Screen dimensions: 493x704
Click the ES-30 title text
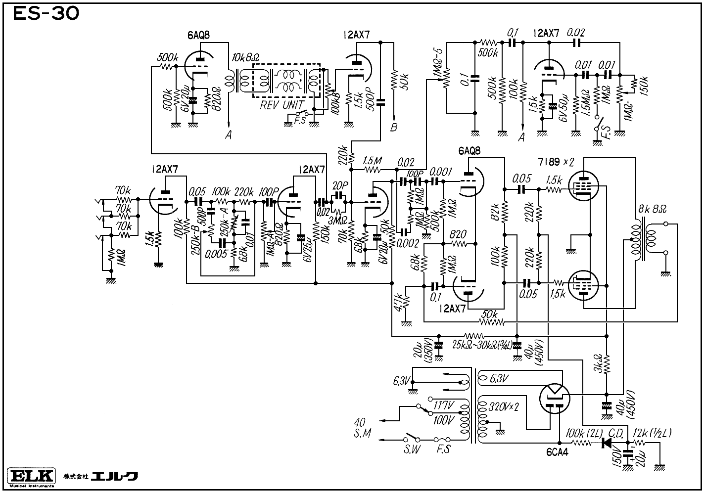(x=46, y=14)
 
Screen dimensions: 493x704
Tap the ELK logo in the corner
(x=31, y=476)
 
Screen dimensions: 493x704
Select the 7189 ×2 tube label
(x=556, y=162)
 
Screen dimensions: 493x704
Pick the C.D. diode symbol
(x=606, y=443)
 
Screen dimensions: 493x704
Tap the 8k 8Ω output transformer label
(x=652, y=209)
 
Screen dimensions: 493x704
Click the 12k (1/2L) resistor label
(x=653, y=433)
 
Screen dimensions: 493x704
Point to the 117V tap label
(x=443, y=405)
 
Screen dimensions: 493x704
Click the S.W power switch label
(x=412, y=450)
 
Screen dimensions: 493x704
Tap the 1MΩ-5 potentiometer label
(x=437, y=62)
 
